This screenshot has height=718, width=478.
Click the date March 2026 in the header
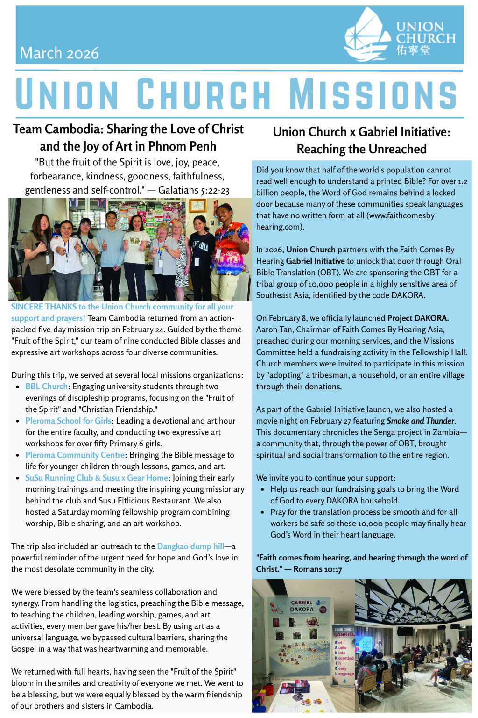(x=59, y=53)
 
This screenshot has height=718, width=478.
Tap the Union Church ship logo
(x=366, y=35)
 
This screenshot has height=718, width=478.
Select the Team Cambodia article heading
(x=128, y=137)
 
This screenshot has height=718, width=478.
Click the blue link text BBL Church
(x=46, y=387)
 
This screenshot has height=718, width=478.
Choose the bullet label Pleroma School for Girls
(x=68, y=421)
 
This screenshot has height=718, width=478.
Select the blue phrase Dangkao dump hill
(x=190, y=546)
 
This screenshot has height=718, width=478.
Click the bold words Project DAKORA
(x=417, y=318)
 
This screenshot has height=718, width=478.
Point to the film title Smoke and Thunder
(x=420, y=421)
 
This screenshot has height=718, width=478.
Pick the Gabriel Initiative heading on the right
(x=362, y=140)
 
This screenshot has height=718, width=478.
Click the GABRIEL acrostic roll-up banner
(x=344, y=654)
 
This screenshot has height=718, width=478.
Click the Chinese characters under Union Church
(x=413, y=50)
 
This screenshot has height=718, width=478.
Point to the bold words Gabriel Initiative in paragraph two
(x=315, y=261)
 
